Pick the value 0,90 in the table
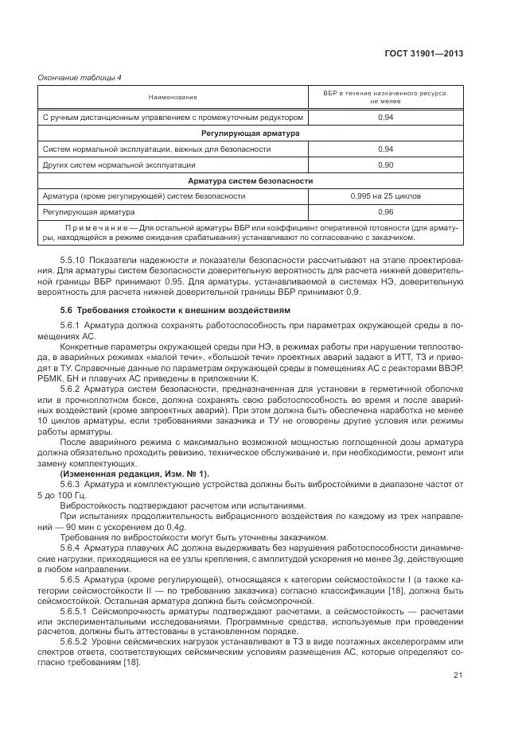pos(385,164)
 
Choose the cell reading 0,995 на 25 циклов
pos(385,195)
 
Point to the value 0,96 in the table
pos(385,212)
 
